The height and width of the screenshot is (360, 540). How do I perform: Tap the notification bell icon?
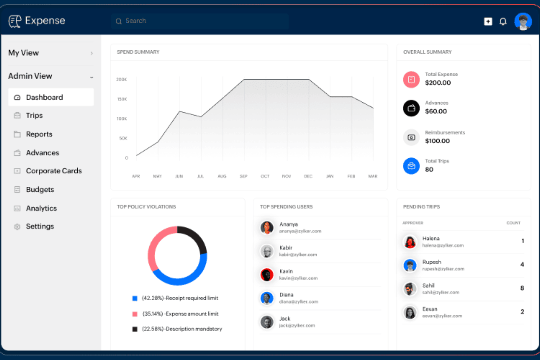[503, 22]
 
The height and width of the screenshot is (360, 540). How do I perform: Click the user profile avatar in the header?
[523, 22]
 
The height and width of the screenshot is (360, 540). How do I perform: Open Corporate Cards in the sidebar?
[53, 171]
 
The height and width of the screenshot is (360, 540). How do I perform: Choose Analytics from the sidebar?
[41, 208]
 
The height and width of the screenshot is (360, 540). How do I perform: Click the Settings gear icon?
[17, 227]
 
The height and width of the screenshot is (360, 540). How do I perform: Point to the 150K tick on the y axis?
[122, 99]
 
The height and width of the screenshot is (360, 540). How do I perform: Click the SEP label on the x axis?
[243, 176]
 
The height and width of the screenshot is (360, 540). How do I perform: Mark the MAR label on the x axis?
[373, 176]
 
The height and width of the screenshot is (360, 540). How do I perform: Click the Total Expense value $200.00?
[437, 83]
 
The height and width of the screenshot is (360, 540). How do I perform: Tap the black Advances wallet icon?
[411, 108]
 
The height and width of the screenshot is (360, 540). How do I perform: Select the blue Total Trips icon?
[411, 166]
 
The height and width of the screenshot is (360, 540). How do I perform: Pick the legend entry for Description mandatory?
[181, 329]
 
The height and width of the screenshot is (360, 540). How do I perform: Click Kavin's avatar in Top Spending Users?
[267, 275]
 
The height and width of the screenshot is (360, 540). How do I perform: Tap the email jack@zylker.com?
[297, 325]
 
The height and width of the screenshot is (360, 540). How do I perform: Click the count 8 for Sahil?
[522, 288]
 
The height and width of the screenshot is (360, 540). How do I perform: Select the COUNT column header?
[513, 223]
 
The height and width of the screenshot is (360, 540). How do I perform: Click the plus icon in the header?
[488, 22]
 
